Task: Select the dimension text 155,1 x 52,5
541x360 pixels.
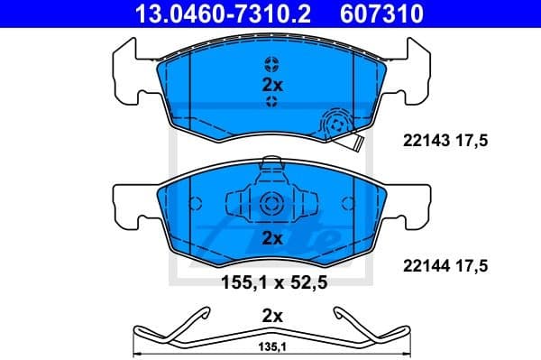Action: coord(270,282)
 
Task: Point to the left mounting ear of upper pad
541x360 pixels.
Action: coord(126,72)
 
